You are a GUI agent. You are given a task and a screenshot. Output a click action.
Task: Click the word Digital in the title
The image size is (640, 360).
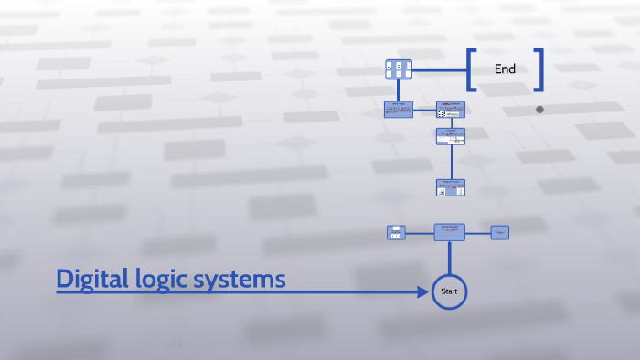[x=90, y=279]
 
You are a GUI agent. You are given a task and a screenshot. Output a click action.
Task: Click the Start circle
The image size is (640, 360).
[x=449, y=291]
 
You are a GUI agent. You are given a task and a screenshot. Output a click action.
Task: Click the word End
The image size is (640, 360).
[x=505, y=69]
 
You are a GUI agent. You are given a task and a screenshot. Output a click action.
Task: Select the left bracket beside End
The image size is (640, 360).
[x=470, y=69]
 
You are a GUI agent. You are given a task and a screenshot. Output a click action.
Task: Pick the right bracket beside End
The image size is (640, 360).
[x=539, y=69]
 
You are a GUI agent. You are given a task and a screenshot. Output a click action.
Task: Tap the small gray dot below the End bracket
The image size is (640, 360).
[x=539, y=110]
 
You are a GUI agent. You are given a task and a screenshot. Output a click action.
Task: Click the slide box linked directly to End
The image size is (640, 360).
[x=399, y=69]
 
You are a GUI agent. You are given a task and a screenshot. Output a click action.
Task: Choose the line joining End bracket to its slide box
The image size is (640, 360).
[x=439, y=69]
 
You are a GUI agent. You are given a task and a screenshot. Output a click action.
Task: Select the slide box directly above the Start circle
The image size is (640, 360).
[x=449, y=232]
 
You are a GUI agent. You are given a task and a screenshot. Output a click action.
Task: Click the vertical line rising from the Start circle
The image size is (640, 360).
[x=449, y=258]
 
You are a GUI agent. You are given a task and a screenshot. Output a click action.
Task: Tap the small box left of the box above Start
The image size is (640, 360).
[x=396, y=232]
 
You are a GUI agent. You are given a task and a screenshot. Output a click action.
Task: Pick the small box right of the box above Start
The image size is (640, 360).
[x=500, y=232]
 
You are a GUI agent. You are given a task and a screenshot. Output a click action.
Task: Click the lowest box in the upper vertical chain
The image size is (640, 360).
[x=450, y=187]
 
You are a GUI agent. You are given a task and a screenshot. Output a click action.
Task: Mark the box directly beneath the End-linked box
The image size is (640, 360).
[x=399, y=110]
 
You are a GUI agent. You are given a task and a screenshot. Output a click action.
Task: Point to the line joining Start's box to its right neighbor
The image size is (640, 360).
[x=478, y=232]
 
